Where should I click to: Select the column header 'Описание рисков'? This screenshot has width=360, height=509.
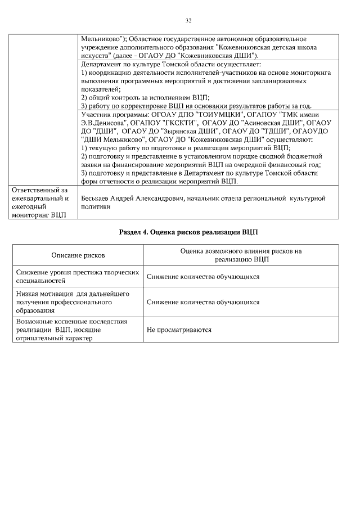78,255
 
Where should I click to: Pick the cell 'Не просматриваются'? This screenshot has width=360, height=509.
179,330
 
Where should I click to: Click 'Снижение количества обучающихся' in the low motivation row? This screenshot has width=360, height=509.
203,302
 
